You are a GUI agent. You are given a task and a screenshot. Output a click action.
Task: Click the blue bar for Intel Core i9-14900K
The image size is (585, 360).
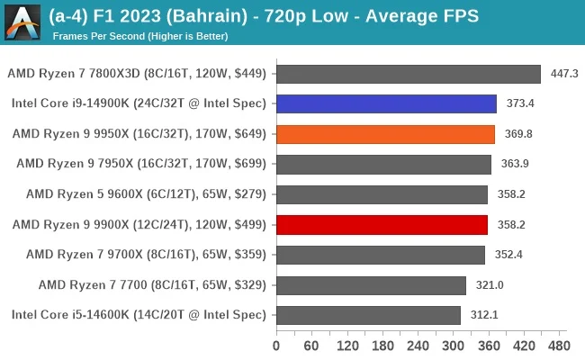pyautogui.click(x=386, y=103)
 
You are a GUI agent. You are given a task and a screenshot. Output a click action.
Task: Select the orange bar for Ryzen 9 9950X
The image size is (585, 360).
pyautogui.click(x=385, y=134)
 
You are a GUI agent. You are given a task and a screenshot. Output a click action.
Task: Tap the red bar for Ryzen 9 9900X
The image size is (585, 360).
pyautogui.click(x=382, y=225)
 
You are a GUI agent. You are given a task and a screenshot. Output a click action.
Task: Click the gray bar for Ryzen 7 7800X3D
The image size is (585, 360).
pyautogui.click(x=408, y=74)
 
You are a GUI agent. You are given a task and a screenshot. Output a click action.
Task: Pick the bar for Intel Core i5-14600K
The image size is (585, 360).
pyautogui.click(x=368, y=315)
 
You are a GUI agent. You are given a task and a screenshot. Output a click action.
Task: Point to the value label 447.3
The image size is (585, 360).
pyautogui.click(x=564, y=74)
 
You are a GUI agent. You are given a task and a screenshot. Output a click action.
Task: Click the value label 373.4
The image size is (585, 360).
pyautogui.click(x=520, y=103)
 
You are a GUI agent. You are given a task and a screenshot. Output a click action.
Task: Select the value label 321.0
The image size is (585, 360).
pyautogui.click(x=490, y=285)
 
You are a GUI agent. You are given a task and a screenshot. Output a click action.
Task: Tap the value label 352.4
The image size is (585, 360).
pyautogui.click(x=508, y=255)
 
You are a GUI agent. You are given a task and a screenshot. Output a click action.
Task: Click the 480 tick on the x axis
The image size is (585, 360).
pyautogui.click(x=558, y=346)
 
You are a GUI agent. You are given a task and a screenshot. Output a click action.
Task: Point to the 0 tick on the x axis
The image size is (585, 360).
pyautogui.click(x=276, y=346)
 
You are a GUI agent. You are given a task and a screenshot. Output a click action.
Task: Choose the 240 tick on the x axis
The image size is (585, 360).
pyautogui.click(x=417, y=346)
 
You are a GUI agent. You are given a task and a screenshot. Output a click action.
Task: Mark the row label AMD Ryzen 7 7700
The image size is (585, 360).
pyautogui.click(x=153, y=285)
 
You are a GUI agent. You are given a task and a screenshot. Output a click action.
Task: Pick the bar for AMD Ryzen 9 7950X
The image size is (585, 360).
pyautogui.click(x=383, y=164)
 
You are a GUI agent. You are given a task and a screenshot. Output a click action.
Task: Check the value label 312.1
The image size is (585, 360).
pyautogui.click(x=484, y=315)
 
